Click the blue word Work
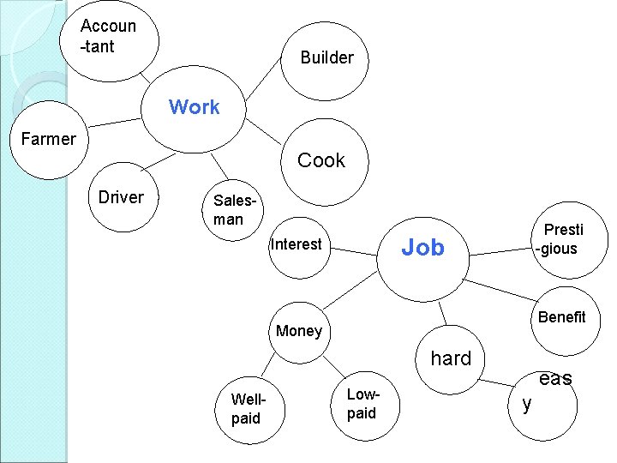point(194,107)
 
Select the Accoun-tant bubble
point(108,36)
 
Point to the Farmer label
point(48,139)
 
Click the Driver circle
point(122,198)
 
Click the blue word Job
point(423,248)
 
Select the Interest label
point(296,244)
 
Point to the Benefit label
point(561,317)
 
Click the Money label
point(299,331)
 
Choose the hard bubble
point(452,359)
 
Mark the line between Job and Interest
point(355,250)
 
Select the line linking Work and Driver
point(162,162)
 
